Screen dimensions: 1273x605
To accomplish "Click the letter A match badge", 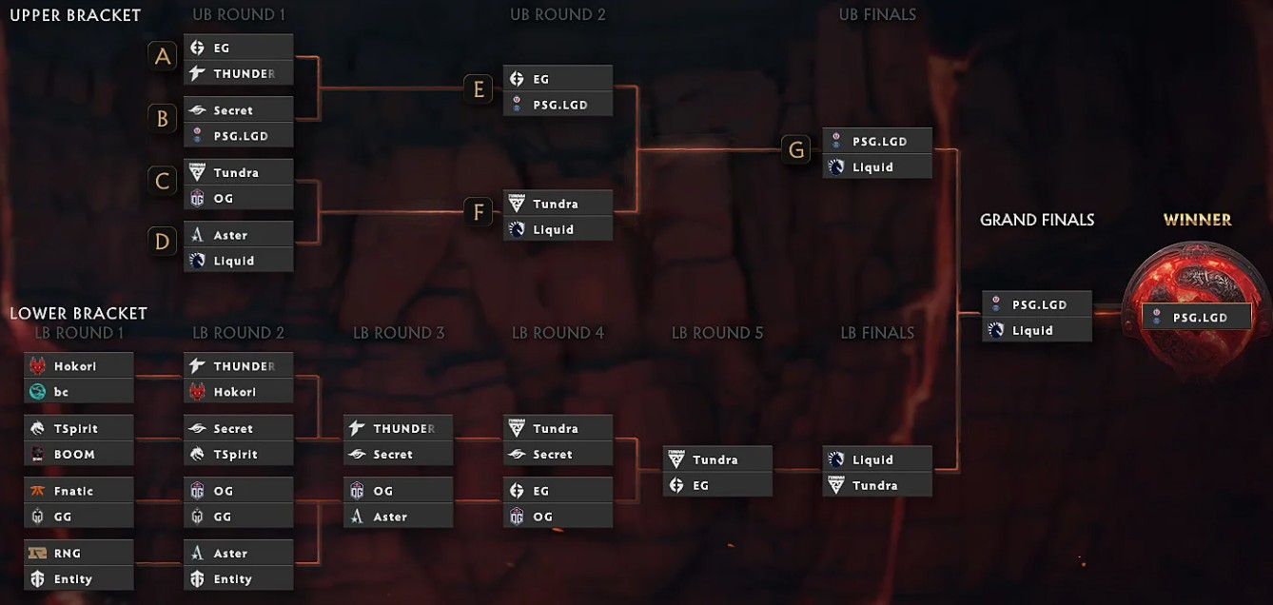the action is tap(163, 56).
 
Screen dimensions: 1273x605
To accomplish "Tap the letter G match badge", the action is tap(795, 149).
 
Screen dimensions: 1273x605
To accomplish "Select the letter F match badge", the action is tap(478, 212).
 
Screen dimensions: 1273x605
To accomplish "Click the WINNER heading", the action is tap(1198, 220).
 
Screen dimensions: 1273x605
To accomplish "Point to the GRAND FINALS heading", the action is tap(1037, 220).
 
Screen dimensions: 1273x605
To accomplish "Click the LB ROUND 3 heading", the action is tap(399, 333).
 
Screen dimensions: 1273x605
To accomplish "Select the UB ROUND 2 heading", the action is tap(558, 15).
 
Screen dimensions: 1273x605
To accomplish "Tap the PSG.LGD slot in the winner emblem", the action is tap(1197, 318).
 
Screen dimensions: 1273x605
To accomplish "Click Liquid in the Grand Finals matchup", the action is tap(1037, 330).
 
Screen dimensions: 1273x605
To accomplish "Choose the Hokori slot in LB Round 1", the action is tap(79, 365).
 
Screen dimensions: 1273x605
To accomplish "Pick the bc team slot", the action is tap(79, 391).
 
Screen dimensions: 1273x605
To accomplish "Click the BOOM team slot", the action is tap(79, 454).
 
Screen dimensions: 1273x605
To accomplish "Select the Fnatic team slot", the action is tap(79, 490).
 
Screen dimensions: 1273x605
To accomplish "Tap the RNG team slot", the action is tap(79, 553).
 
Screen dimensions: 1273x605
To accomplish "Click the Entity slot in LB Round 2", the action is tap(239, 579).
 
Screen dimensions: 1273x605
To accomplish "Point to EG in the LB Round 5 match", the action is tap(717, 485).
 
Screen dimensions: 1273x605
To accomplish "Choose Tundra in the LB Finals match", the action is tap(877, 485).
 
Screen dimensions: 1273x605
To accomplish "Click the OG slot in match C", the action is tap(239, 198).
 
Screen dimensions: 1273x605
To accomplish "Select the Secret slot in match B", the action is tap(239, 109).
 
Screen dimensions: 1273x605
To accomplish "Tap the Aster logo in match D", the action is tap(197, 235).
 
